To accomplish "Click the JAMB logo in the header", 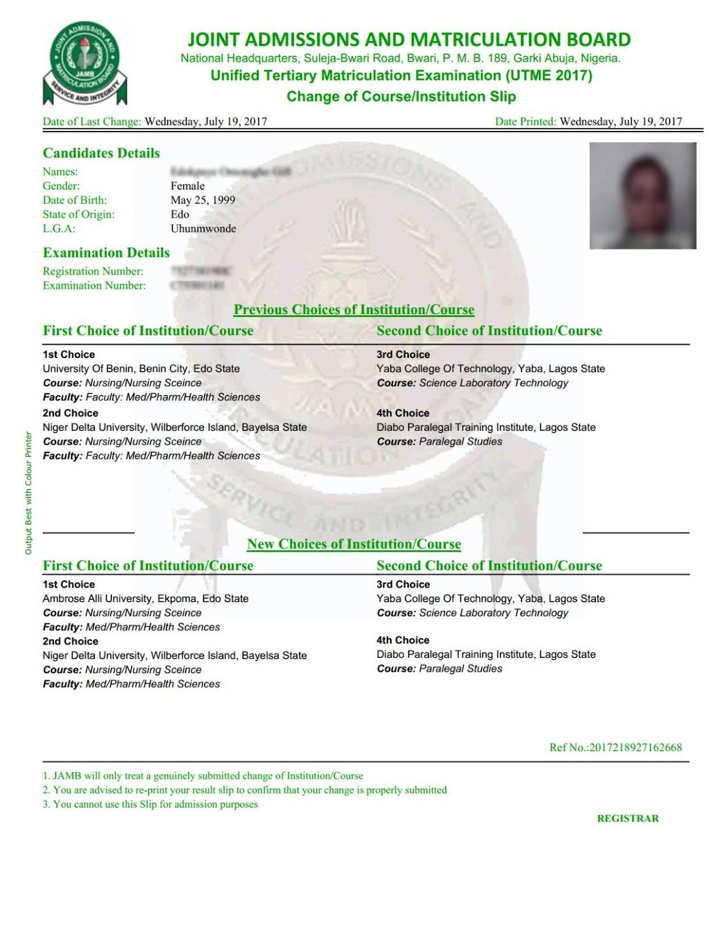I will point(84,64).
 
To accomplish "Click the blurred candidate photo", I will point(642,195).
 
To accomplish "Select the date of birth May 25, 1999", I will point(202,200).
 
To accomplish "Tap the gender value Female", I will point(187,186).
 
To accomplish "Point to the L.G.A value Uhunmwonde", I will point(203,228).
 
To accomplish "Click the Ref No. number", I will point(635,747).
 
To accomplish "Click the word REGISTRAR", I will point(628,818).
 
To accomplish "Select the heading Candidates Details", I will point(101,153).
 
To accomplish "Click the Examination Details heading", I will point(106,253).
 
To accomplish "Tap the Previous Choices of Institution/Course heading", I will point(354,309).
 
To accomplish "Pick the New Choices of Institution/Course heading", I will point(354,544).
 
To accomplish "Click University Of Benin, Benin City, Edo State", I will point(141,369).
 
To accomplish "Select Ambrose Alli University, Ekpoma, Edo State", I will point(145,599).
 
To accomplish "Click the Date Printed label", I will point(525,121).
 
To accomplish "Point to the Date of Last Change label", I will point(92,121).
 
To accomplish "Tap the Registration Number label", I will point(93,271).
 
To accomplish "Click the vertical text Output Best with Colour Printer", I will point(28,493).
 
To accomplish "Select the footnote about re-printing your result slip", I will point(244,790).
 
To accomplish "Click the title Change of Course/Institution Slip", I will point(401,96).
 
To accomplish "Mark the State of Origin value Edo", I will point(179,214).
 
